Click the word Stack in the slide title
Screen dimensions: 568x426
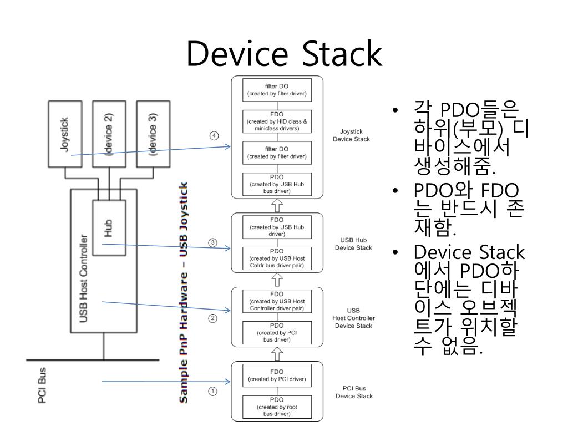(342, 54)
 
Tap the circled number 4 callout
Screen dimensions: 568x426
(214, 136)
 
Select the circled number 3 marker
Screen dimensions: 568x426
(212, 243)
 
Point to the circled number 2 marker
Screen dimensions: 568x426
(212, 318)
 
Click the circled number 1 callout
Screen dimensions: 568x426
(212, 391)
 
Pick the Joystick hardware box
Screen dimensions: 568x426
(65, 134)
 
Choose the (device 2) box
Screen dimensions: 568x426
(109, 134)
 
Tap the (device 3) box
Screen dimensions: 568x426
(153, 134)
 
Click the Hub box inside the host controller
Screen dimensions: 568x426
(109, 228)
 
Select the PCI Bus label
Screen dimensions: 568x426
(42, 386)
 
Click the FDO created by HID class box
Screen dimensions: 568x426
(277, 121)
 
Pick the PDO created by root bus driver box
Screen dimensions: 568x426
(277, 407)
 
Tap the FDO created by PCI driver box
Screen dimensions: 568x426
(277, 376)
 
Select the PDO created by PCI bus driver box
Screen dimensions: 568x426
(277, 333)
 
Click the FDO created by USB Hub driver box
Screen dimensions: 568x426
(277, 227)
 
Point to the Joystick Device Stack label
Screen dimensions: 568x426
(351, 135)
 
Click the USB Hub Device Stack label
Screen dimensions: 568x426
(353, 244)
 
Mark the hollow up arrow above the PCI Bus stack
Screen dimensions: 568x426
(277, 354)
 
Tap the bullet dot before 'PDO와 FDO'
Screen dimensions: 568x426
(395, 191)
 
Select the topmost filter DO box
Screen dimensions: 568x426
(277, 90)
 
